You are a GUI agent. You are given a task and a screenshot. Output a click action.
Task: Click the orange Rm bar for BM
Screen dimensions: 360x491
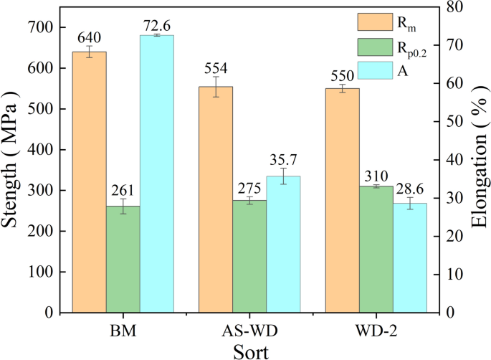[x=89, y=182]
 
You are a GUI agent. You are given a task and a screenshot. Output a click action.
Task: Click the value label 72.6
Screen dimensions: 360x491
[x=156, y=21]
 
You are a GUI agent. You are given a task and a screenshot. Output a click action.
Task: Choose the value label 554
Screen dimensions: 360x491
[x=216, y=69]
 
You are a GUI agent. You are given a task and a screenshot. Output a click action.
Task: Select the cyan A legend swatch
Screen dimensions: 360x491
[x=372, y=70]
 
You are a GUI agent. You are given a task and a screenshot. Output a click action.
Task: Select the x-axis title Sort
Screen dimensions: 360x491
[x=249, y=351]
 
